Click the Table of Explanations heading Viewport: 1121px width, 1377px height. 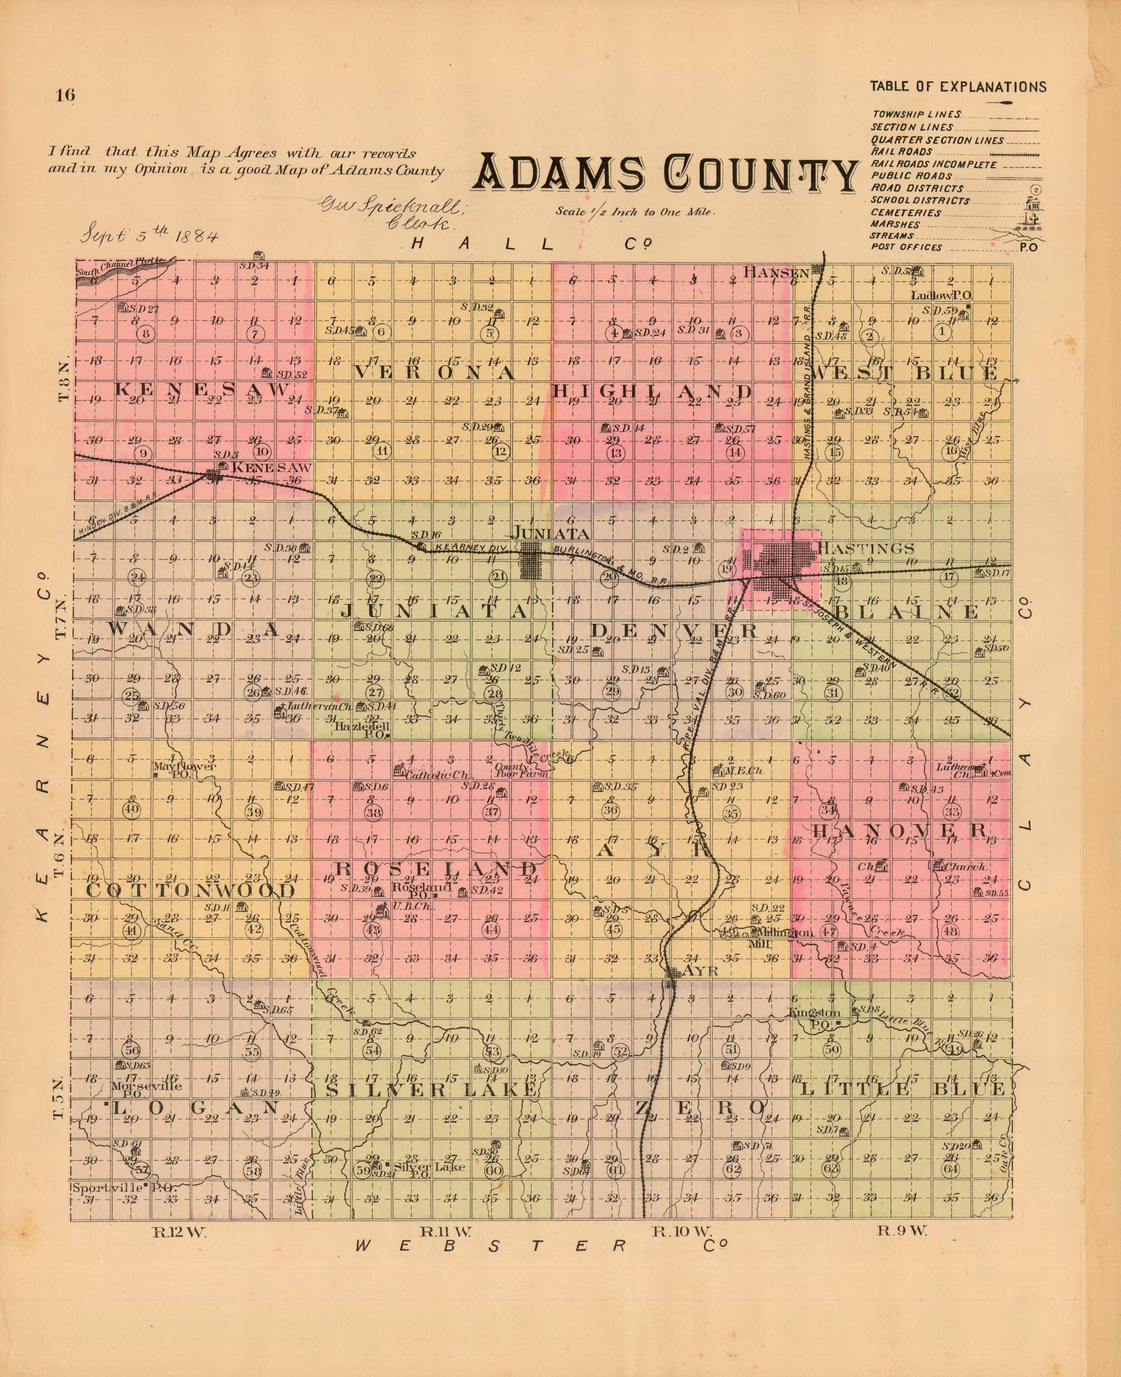coord(958,87)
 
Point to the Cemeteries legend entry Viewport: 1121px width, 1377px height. coord(906,212)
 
